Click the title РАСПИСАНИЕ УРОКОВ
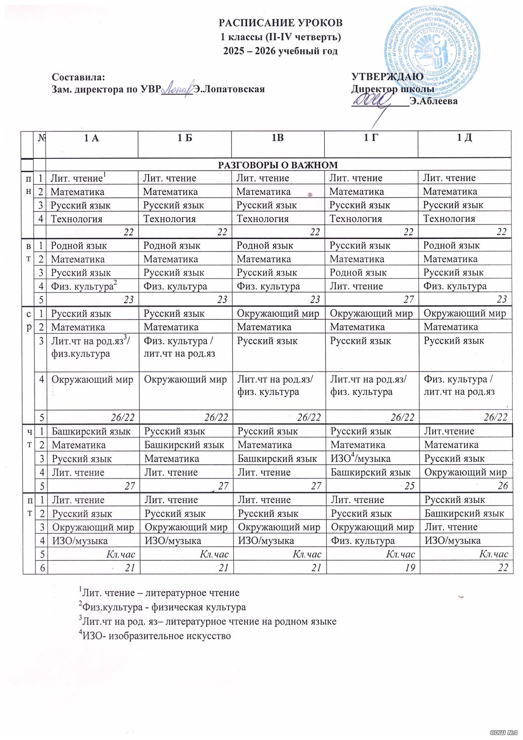click(x=281, y=23)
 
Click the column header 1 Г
click(x=371, y=138)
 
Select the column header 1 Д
click(x=464, y=138)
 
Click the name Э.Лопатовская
click(x=229, y=89)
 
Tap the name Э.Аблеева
click(x=433, y=102)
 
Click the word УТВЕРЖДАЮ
click(x=387, y=77)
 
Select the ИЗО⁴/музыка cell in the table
click(x=360, y=458)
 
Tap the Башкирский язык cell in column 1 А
click(x=91, y=431)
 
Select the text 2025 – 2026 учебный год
click(x=281, y=51)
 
